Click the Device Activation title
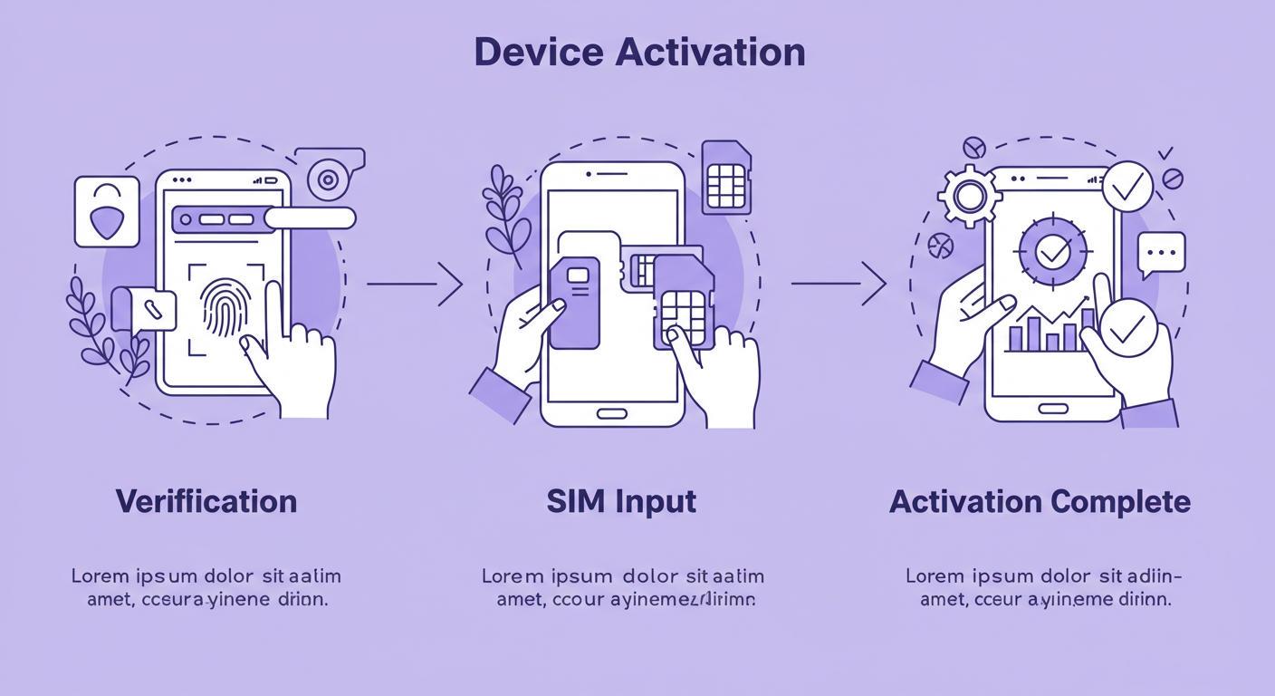coord(639,53)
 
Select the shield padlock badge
coord(107,211)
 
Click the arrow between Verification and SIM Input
coord(415,284)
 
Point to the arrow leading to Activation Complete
coord(839,284)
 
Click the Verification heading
coord(206,501)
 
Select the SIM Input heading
coord(621,501)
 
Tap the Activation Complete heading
coord(1040,501)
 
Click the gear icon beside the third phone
coord(970,196)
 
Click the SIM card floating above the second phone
coord(726,177)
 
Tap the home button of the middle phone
coord(612,413)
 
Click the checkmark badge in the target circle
coord(1053,251)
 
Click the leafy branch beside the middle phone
coord(503,210)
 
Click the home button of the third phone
coord(1052,408)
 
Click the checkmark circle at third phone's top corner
coord(1127,187)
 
